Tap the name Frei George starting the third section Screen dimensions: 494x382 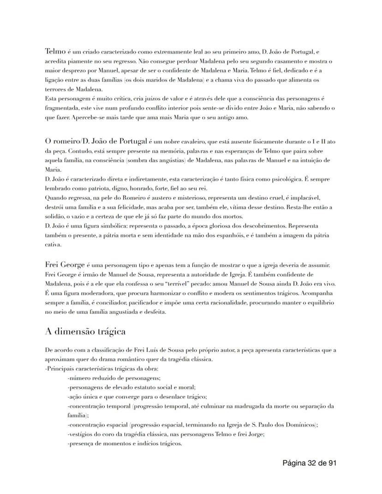click(65, 264)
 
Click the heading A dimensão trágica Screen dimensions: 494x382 click(85, 332)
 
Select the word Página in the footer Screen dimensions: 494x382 click(294, 463)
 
